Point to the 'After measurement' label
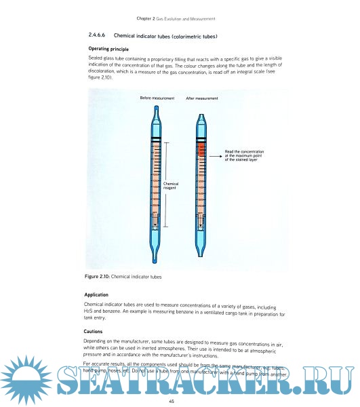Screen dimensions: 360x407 coord(202,98)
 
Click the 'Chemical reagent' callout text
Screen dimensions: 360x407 coord(170,185)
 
